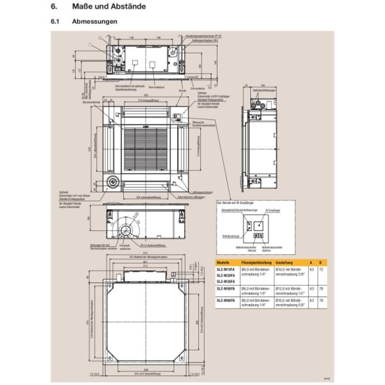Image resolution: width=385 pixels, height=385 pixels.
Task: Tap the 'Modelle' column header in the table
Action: tap(223, 262)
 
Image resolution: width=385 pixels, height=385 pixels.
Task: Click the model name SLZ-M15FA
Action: tap(226, 269)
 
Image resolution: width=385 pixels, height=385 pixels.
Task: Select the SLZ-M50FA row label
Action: tap(226, 289)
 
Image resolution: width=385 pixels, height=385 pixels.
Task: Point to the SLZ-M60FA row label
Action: tap(226, 300)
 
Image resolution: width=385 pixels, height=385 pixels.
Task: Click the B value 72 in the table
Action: tap(320, 269)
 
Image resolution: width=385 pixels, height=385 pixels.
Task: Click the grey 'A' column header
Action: tap(311, 262)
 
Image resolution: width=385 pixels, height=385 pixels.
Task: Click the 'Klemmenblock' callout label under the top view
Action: tap(156, 85)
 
